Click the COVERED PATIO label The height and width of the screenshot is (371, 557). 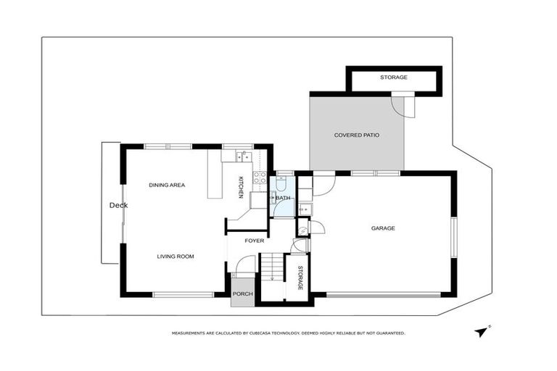point(357,135)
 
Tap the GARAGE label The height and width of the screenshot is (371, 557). point(383,228)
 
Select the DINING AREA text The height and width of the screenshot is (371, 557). point(167,185)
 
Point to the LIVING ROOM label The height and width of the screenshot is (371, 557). point(176,256)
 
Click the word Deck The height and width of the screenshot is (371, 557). point(118,205)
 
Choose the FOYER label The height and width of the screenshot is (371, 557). point(254,241)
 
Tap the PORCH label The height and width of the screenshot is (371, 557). point(242,294)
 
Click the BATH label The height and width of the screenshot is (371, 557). point(283,198)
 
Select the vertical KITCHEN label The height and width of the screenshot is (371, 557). point(241,186)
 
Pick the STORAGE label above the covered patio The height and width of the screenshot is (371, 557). point(394,78)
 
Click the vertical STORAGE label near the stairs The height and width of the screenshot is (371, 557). point(300,278)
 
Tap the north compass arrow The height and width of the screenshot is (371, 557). point(481,331)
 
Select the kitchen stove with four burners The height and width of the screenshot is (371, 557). point(259,177)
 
